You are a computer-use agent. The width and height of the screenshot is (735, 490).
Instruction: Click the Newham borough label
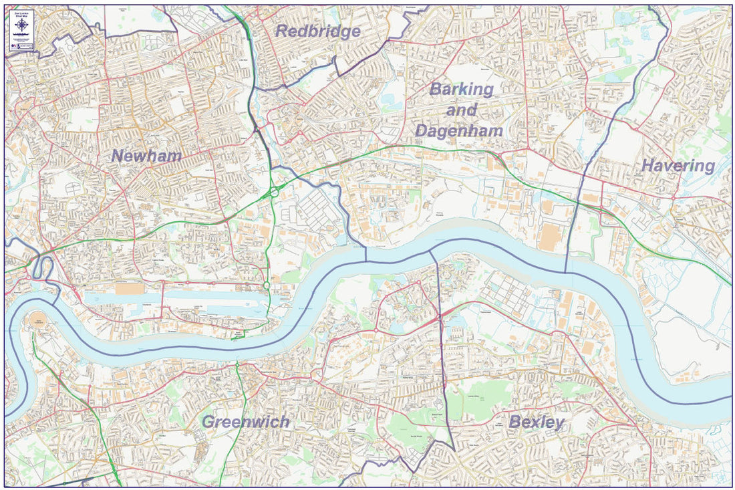tap(146, 156)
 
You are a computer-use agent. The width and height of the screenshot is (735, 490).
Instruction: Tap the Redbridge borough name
tap(317, 31)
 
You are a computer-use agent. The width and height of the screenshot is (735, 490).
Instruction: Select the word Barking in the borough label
tap(462, 89)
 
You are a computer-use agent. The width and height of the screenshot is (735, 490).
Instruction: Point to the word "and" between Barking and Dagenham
tap(462, 110)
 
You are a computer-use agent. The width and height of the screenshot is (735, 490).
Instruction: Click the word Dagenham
tap(458, 131)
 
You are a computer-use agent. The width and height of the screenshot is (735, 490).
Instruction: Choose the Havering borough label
tap(678, 166)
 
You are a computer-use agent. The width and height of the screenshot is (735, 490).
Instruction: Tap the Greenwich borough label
tap(245, 422)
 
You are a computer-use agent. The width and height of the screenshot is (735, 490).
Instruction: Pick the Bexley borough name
tap(536, 422)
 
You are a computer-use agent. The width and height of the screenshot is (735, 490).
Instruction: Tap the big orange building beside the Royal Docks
tap(129, 289)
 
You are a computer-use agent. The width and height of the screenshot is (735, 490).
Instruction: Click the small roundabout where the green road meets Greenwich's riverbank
tap(237, 364)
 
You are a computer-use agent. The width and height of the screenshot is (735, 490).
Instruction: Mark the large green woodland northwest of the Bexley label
tap(474, 398)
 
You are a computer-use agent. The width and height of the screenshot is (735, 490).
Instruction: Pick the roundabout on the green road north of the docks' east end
tap(266, 286)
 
